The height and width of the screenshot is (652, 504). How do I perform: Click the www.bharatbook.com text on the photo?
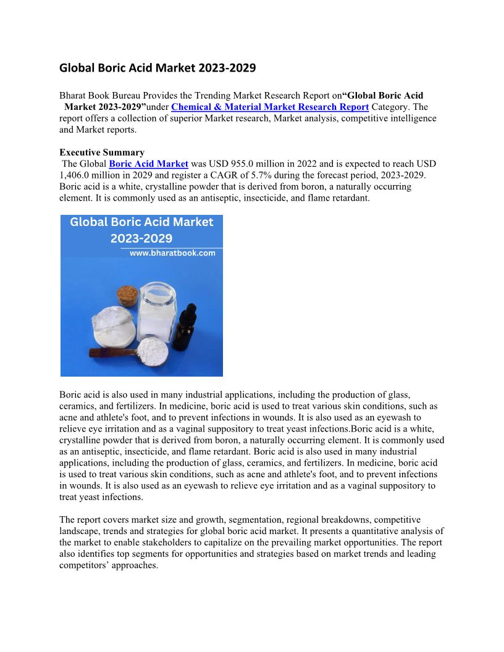pyautogui.click(x=172, y=253)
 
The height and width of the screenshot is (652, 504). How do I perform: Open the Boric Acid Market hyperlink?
pyautogui.click(x=148, y=164)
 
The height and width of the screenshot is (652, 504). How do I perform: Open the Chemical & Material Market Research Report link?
pyautogui.click(x=270, y=107)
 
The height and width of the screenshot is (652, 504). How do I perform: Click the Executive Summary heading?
pyautogui.click(x=102, y=153)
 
